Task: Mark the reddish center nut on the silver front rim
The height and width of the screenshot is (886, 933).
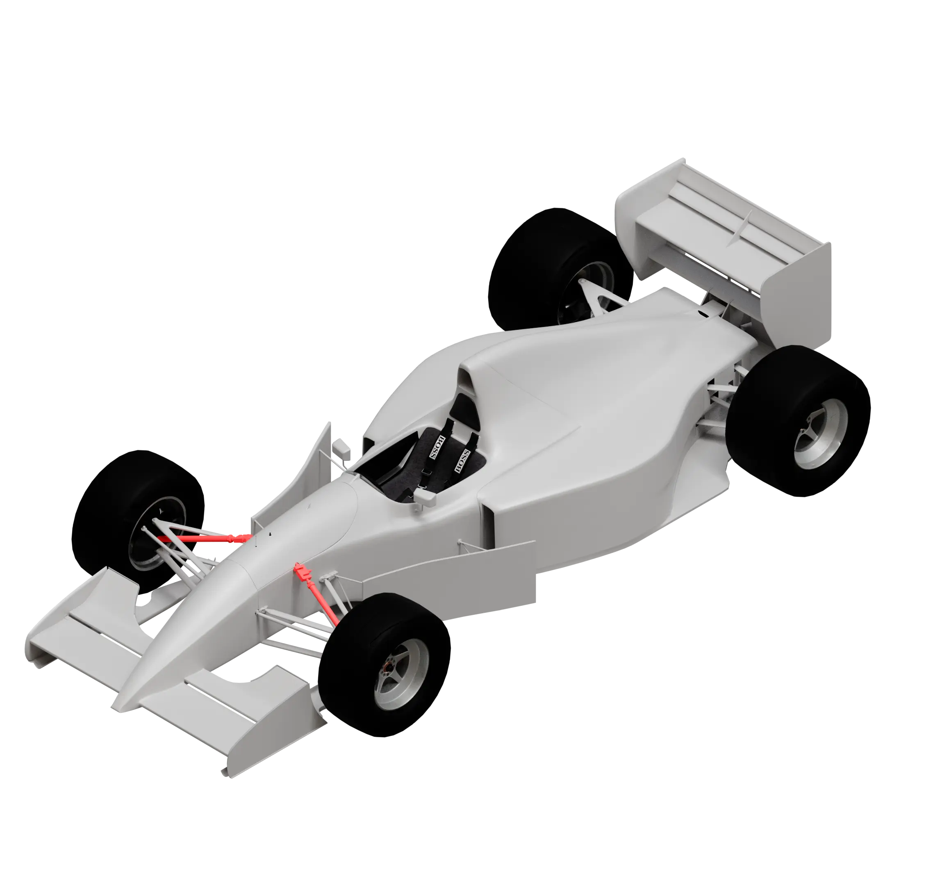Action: (x=386, y=667)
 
